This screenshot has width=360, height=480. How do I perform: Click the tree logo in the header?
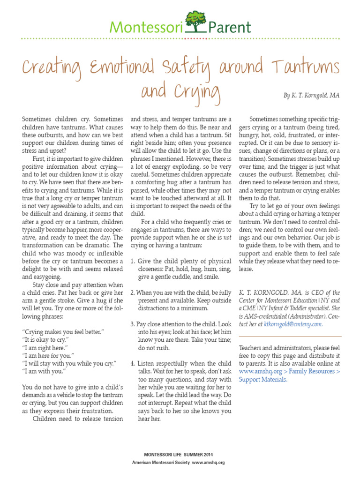coord(196,21)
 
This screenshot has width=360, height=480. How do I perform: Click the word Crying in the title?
coord(197,93)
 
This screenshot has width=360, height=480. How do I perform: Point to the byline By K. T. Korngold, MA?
coord(311,95)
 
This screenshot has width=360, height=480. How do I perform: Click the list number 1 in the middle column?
coord(133,261)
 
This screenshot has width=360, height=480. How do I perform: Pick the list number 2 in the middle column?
coord(133,292)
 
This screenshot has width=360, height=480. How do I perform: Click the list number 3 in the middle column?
coord(133,323)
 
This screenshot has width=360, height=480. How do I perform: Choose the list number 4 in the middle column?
coord(133,363)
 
